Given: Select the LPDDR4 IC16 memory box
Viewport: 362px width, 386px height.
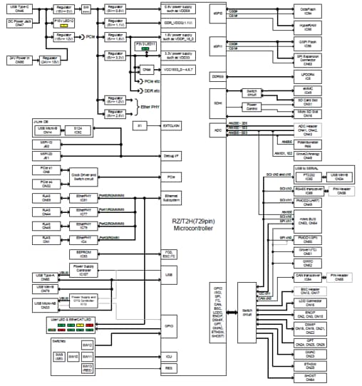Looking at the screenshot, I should pos(309,75).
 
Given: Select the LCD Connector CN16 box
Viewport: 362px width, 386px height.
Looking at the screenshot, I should pos(309,302).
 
